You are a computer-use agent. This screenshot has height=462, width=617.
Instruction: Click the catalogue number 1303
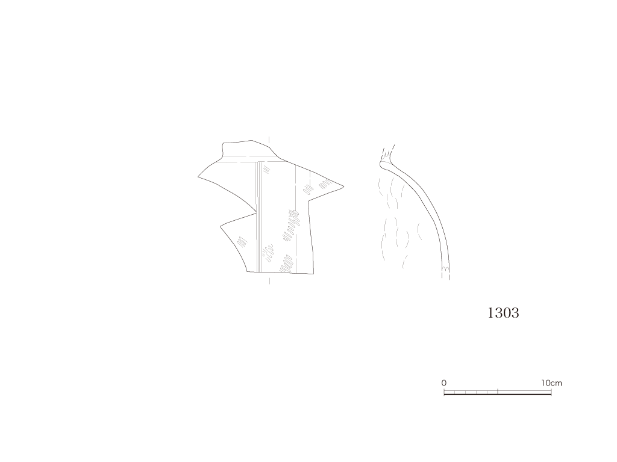[x=503, y=313]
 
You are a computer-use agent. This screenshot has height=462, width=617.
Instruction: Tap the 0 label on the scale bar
[x=444, y=383]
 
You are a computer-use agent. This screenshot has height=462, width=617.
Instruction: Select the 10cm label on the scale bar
[x=551, y=383]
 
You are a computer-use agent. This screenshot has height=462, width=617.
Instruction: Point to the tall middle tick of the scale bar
[x=498, y=391]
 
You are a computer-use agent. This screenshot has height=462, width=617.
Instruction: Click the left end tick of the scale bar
[x=444, y=391]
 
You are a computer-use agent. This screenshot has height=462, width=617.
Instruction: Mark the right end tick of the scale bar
[x=551, y=391]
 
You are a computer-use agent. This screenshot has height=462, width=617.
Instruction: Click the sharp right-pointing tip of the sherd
[x=343, y=186]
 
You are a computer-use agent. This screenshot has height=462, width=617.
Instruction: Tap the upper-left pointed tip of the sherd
[x=198, y=177]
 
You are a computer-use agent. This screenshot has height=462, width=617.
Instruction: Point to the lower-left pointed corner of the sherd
[x=221, y=226]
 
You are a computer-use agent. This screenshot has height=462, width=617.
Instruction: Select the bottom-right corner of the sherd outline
[x=313, y=274]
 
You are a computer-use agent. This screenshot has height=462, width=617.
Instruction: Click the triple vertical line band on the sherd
[x=258, y=216]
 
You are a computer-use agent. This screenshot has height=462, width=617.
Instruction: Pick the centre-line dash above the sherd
[x=269, y=141]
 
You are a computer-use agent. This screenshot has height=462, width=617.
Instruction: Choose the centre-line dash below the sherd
[x=269, y=280]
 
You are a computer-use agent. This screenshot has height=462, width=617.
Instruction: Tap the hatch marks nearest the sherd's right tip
[x=325, y=183]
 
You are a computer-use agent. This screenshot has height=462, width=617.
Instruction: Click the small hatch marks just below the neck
[x=267, y=170]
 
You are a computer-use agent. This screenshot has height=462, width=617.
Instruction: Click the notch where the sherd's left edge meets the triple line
[x=256, y=214]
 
